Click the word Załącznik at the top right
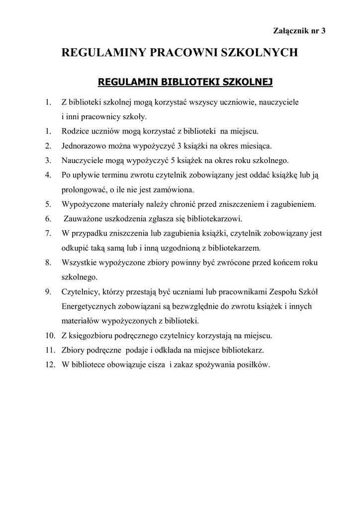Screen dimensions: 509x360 tap(290, 31)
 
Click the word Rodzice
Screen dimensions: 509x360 tap(74, 132)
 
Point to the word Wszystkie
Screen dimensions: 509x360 tap(78, 262)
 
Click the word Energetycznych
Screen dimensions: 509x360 tap(91, 306)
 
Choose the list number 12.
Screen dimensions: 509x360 tap(49, 364)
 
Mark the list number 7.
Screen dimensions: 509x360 tap(48, 233)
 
